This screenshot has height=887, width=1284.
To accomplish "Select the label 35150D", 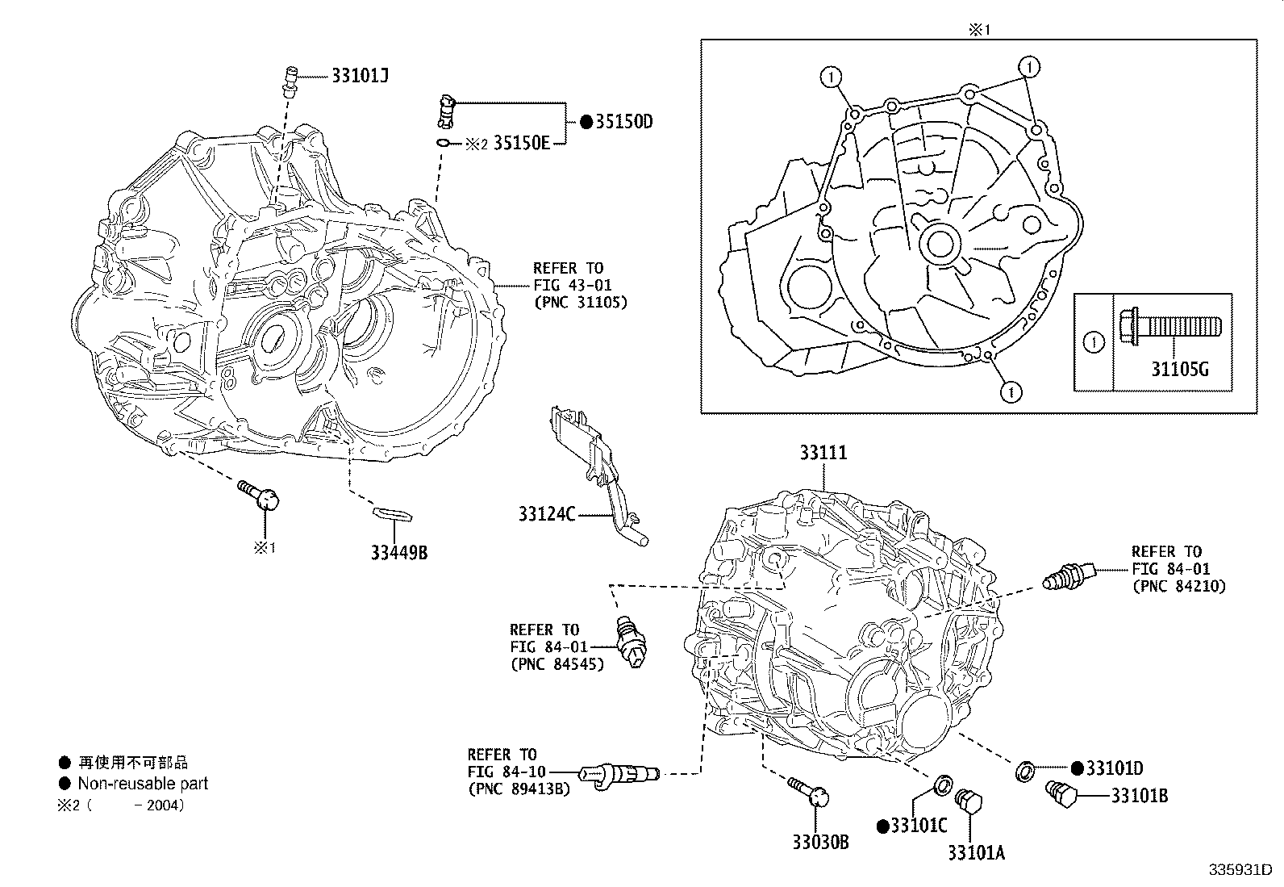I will (x=623, y=122).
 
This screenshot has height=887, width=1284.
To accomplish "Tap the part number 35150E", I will (x=521, y=144).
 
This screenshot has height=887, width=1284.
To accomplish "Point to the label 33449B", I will (x=398, y=553).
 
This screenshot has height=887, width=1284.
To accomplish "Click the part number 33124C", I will (x=547, y=513).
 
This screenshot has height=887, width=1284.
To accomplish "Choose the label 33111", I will (x=823, y=453).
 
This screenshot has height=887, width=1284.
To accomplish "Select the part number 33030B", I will (x=819, y=843).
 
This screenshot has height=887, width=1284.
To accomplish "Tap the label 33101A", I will (x=976, y=852).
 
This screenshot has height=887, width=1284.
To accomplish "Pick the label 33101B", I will (x=1139, y=796).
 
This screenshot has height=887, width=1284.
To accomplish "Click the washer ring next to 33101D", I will (x=1025, y=771).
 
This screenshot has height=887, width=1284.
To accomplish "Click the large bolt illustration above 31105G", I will (x=1169, y=327).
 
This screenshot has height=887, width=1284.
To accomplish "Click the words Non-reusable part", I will (x=143, y=783).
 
